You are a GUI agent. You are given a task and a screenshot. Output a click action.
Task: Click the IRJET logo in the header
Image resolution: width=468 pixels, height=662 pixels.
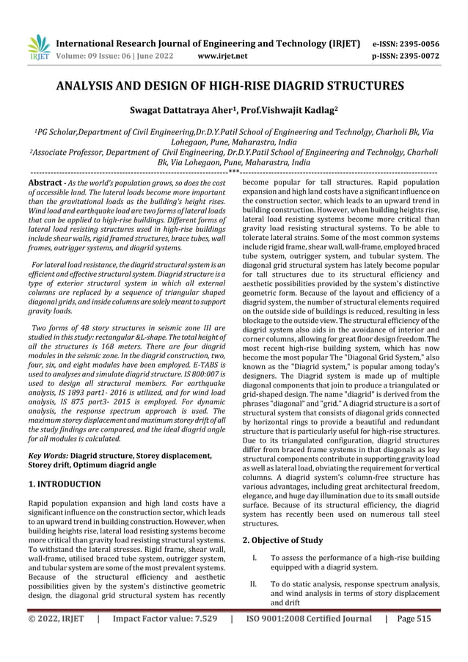point(38,47)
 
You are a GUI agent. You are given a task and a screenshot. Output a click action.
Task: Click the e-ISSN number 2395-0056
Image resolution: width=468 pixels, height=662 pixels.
point(414,43)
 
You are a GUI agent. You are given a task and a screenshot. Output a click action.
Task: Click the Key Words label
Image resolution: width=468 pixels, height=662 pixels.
point(48,456)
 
